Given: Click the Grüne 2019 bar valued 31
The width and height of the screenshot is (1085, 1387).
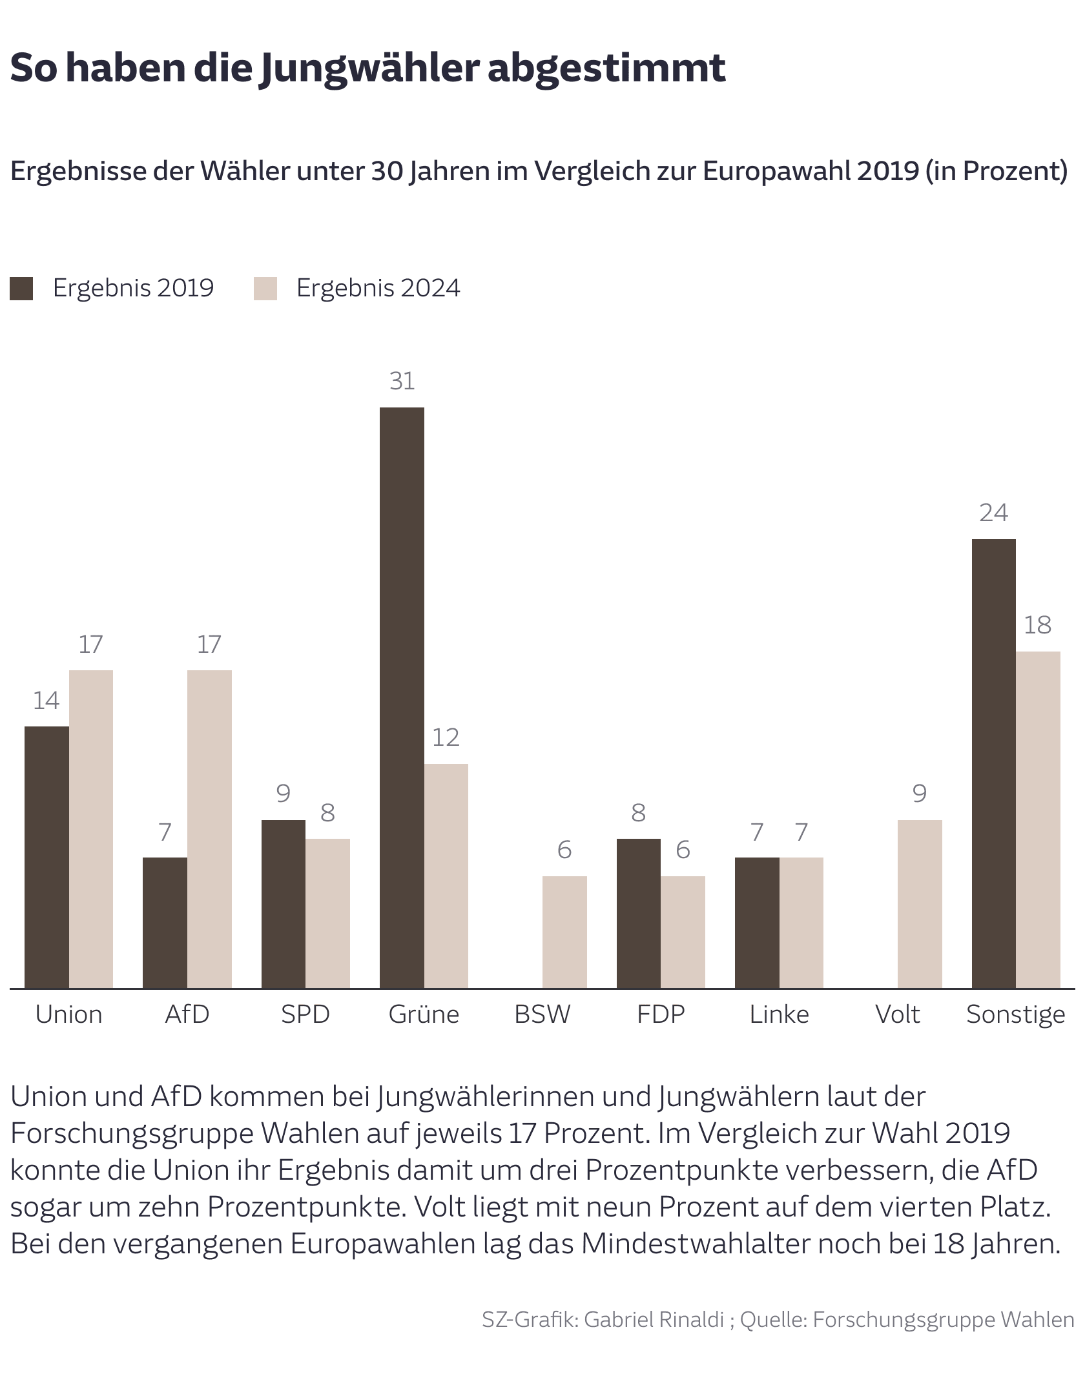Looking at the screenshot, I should click(x=402, y=697).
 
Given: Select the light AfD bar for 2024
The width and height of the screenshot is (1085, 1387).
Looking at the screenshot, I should click(x=209, y=829).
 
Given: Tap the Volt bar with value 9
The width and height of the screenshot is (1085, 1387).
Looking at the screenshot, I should click(x=920, y=904).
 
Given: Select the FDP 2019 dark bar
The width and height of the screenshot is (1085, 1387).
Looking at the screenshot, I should click(x=638, y=913).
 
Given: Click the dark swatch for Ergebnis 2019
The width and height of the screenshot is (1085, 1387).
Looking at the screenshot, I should click(x=21, y=289).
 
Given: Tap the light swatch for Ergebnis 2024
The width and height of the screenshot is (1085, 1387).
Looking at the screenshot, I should click(x=265, y=289).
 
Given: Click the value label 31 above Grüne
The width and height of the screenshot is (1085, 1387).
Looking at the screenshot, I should click(x=402, y=382).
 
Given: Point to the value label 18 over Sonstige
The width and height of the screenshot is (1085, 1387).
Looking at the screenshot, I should click(x=1037, y=625).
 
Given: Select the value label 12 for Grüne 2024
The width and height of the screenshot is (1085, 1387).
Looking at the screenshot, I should click(x=446, y=737).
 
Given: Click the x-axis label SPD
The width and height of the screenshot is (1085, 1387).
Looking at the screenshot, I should click(x=305, y=1014).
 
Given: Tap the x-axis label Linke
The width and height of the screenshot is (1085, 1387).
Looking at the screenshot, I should click(x=779, y=1014).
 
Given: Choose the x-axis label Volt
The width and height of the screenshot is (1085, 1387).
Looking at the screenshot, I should click(x=897, y=1014).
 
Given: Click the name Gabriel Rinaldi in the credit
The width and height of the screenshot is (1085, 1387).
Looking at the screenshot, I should click(x=654, y=1320).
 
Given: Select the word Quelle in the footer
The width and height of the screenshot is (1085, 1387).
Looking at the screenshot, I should click(x=772, y=1320).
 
